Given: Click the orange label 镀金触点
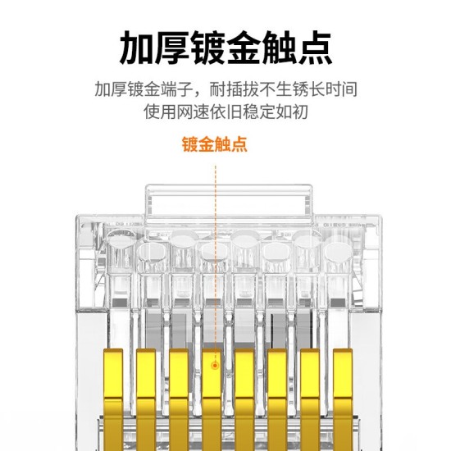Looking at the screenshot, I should click(x=215, y=145).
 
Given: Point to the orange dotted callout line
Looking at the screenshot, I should click(x=215, y=246).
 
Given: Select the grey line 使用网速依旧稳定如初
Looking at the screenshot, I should click(x=225, y=111).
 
